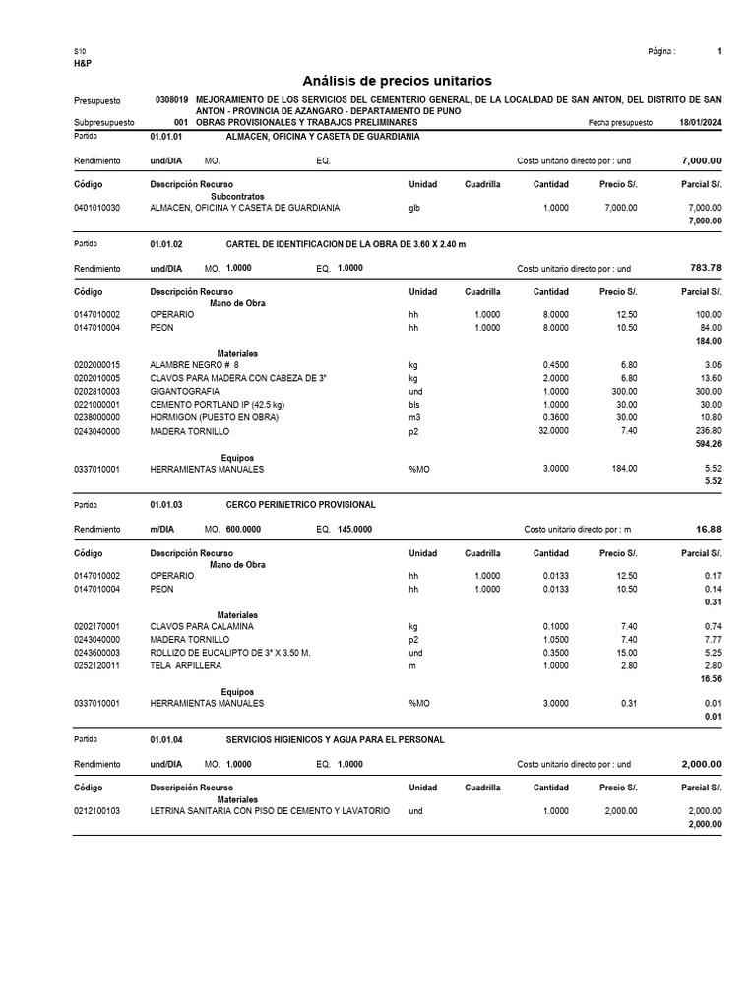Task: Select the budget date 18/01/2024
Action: (x=700, y=123)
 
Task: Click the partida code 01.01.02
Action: (x=166, y=243)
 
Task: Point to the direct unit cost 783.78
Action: (x=703, y=268)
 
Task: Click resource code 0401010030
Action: (x=96, y=208)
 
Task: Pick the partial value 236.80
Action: (x=705, y=431)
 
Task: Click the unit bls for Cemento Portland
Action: (x=414, y=405)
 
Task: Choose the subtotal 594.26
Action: (x=706, y=444)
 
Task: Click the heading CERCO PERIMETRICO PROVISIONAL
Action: (x=300, y=504)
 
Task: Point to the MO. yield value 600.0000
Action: (x=243, y=529)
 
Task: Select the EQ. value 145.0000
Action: (x=354, y=529)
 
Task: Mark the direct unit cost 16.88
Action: (x=708, y=529)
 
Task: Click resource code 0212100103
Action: (x=96, y=810)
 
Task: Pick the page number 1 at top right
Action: (x=719, y=51)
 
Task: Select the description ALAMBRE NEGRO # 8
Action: (x=194, y=364)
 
